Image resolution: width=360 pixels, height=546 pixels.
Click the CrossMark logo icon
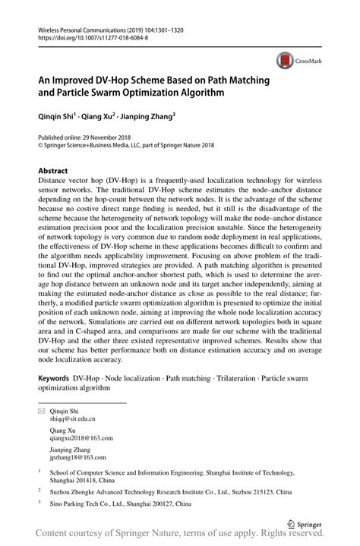(286, 62)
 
